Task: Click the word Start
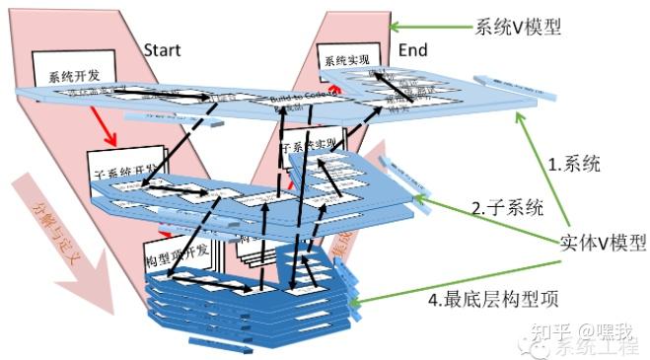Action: coord(163,48)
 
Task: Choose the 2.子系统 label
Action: coord(507,207)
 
